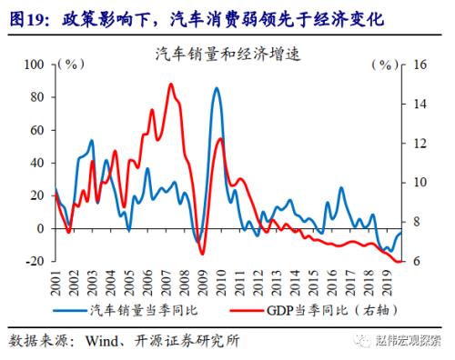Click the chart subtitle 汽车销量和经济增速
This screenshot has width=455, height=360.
coord(227,54)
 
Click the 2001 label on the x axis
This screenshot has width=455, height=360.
coord(57,283)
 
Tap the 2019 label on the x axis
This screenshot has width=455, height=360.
coord(389,283)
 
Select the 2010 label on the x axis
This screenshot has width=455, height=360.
coord(223,283)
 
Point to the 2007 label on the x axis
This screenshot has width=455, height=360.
coord(167,283)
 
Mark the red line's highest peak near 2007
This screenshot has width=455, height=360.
coord(171,85)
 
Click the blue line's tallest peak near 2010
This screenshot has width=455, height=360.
coord(216,88)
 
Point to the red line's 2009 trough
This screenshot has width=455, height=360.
coord(201,253)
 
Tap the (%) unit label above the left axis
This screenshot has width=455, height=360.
coord(69,65)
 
